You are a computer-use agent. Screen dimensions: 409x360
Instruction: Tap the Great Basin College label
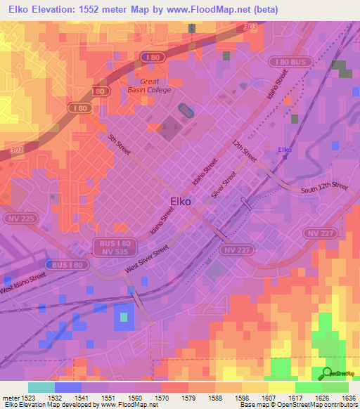148,85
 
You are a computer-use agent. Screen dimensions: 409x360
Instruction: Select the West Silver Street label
148,260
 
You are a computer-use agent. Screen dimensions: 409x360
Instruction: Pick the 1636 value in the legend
339,397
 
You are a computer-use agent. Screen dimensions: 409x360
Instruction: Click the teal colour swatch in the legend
41,387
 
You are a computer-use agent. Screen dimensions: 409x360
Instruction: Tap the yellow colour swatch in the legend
282,387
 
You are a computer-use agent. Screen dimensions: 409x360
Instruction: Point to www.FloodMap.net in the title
217,10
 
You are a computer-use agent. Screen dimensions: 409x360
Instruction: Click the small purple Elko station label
285,150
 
